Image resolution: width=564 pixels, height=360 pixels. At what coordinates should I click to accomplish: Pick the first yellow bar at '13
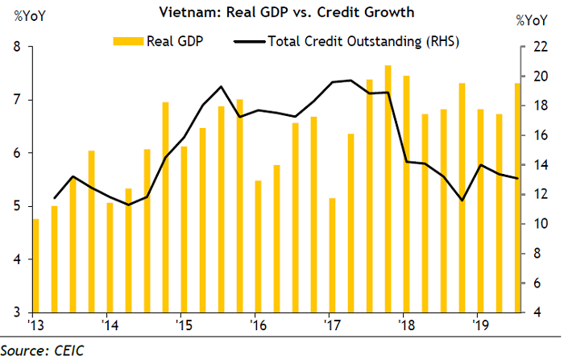[35, 266]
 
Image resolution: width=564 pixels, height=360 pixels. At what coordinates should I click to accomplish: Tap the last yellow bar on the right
[517, 197]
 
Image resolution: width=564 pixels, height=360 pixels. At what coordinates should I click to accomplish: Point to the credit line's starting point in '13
[54, 198]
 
